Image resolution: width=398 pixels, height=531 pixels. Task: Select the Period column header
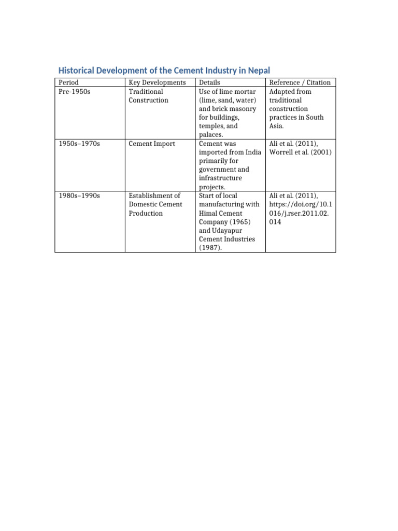(x=68, y=82)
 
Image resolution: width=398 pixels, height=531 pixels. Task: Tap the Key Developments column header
(x=157, y=82)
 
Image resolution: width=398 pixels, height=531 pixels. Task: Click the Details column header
(x=209, y=82)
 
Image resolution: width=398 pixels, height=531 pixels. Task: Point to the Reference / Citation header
(x=300, y=82)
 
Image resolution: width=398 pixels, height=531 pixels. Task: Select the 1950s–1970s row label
(x=79, y=143)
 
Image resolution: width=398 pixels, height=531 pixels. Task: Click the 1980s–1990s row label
(x=79, y=195)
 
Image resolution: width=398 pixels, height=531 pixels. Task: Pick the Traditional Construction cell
(x=148, y=95)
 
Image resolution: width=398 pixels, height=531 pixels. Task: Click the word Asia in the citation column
(x=276, y=126)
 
